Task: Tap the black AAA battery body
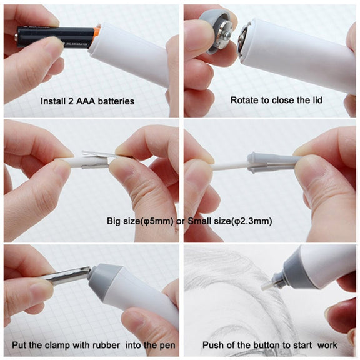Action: (55, 37)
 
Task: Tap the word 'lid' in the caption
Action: (316, 100)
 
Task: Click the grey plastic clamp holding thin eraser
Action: (273, 162)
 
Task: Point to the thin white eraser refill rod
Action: (229, 166)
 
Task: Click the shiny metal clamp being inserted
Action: (67, 276)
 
